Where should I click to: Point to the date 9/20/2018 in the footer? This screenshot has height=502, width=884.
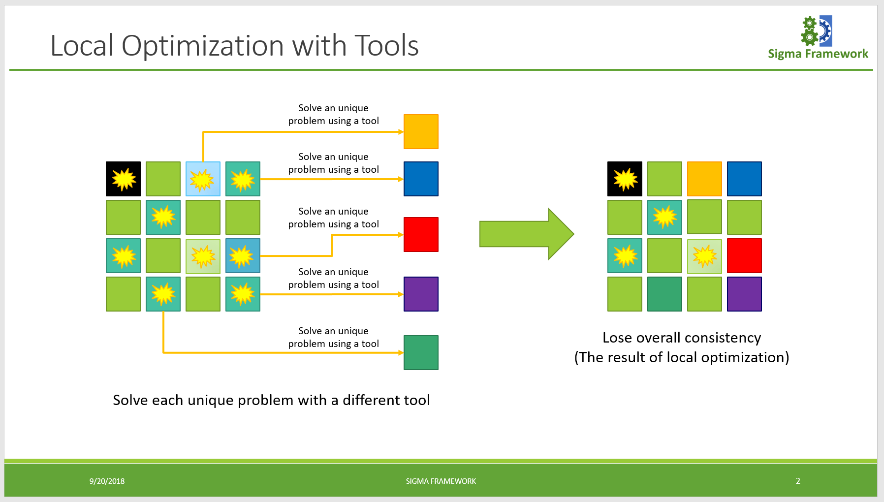(x=107, y=481)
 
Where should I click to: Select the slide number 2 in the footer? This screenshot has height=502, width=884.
(x=798, y=481)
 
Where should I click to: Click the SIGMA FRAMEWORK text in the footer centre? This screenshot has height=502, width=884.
(x=441, y=481)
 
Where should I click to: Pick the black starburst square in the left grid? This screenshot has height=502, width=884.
(x=123, y=179)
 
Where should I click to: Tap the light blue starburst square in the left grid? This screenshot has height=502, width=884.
(x=203, y=179)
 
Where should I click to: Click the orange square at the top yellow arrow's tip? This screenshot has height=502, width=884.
(x=421, y=132)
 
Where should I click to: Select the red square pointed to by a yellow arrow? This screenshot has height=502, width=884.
(x=421, y=235)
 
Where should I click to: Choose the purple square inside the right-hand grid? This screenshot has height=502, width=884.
(x=744, y=294)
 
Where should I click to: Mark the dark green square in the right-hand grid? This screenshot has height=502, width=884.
(x=664, y=294)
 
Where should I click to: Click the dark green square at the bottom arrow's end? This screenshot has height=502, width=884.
(x=421, y=353)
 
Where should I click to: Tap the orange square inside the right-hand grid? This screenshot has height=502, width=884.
(x=704, y=179)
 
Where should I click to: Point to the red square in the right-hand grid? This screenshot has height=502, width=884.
(x=744, y=256)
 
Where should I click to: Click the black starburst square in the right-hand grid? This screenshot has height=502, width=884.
(x=625, y=179)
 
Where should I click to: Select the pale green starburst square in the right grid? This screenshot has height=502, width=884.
(x=704, y=256)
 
